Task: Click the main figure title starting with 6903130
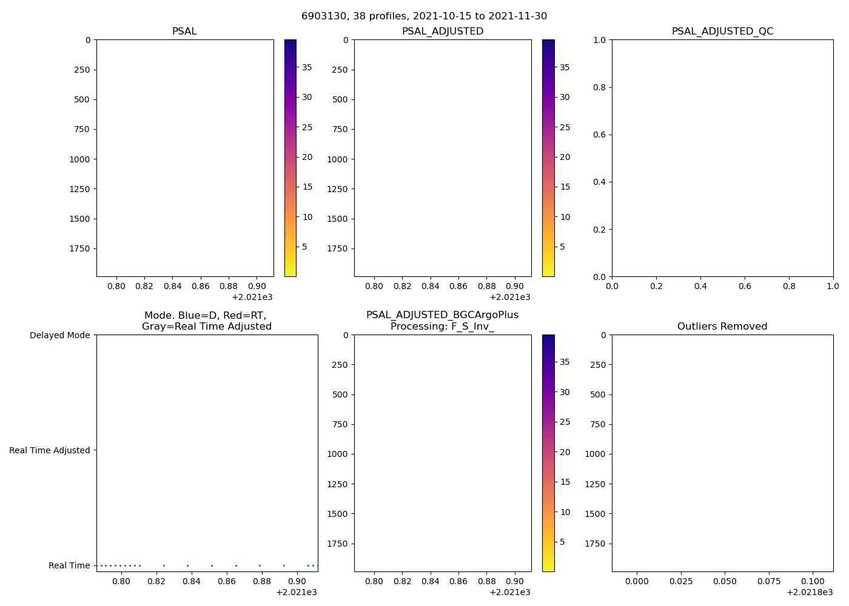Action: pos(424,16)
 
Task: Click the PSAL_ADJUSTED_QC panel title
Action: pos(722,32)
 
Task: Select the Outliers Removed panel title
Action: pos(722,327)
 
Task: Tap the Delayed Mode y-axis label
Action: pos(59,335)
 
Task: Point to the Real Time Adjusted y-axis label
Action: pos(50,450)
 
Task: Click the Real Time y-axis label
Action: pos(69,565)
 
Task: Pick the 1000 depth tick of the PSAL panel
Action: pos(79,159)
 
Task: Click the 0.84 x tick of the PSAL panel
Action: pos(172,286)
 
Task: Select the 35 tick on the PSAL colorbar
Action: pos(307,67)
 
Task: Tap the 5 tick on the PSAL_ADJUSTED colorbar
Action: pos(562,247)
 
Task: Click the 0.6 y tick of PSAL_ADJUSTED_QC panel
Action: pos(599,135)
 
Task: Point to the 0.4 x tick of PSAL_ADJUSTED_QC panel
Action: pos(700,286)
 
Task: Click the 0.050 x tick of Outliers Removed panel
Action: pos(725,581)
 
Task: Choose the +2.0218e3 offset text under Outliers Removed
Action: pos(810,592)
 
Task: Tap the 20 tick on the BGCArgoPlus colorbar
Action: pos(565,452)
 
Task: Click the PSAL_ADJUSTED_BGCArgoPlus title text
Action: pos(442,315)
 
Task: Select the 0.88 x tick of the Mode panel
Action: pos(261,581)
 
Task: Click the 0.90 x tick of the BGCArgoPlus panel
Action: pos(514,581)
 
